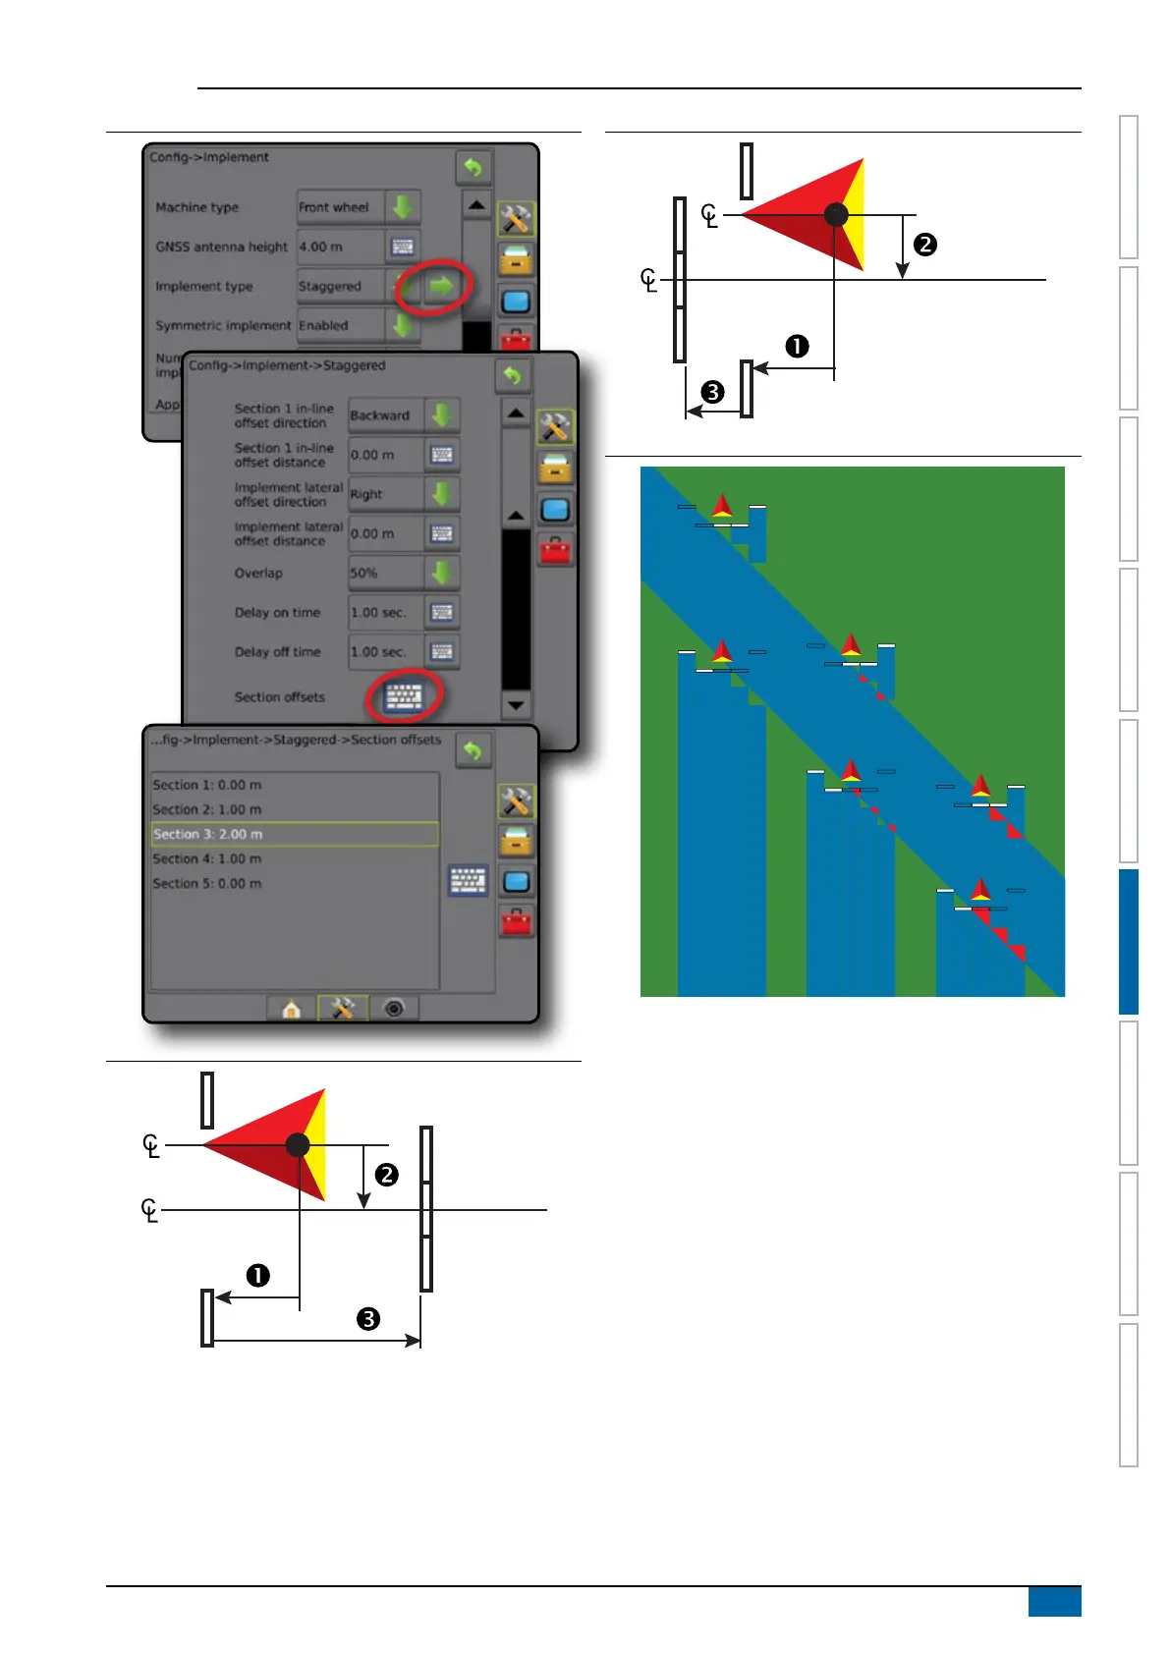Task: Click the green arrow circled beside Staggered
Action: [442, 286]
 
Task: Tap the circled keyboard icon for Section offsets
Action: [404, 696]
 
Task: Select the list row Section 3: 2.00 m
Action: [294, 834]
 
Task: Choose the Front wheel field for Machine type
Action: [340, 207]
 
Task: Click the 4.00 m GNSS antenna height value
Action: [340, 247]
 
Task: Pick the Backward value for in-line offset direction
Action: [385, 415]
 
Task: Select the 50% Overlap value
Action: [385, 573]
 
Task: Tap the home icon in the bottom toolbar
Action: [291, 1009]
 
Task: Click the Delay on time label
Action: [277, 612]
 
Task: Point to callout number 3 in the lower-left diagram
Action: [368, 1319]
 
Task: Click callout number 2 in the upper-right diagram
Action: [924, 245]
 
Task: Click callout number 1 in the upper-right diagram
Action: [797, 347]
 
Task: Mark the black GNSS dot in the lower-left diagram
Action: [298, 1144]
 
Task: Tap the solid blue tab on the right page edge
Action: [1128, 941]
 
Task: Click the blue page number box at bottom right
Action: [1054, 1601]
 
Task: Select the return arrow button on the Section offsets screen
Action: [473, 751]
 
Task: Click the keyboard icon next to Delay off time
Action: [442, 651]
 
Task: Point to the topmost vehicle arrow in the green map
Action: [722, 507]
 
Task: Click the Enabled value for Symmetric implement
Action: [340, 325]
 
